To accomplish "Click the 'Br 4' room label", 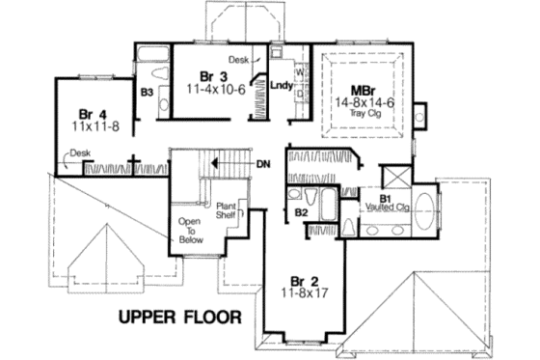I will point(93,112).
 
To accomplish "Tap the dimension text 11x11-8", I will point(94,125).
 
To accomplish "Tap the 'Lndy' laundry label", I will point(281,84).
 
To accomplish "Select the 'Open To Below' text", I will point(189,231).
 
